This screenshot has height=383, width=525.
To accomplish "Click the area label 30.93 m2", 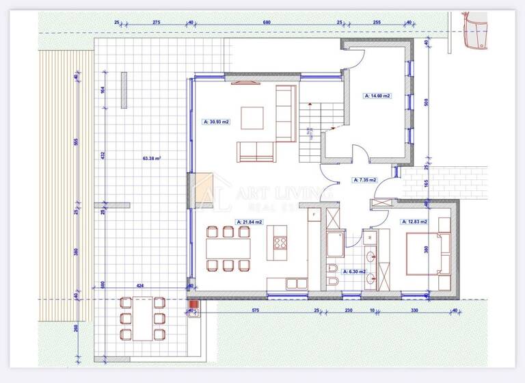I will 216,122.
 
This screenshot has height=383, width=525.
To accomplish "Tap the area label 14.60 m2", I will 377,96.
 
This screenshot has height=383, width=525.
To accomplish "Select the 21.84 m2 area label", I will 250,222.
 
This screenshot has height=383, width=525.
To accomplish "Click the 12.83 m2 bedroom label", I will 414,222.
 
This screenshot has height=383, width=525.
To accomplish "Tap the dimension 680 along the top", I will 267,23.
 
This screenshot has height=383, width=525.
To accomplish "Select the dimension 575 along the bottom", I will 254,311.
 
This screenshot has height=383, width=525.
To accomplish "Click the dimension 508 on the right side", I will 427,103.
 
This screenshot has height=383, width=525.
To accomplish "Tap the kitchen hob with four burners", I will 280,242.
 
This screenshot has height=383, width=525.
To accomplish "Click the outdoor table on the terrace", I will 142,318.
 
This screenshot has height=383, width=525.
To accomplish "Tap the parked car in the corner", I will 475,30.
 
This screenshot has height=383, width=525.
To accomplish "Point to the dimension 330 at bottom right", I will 414,311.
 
